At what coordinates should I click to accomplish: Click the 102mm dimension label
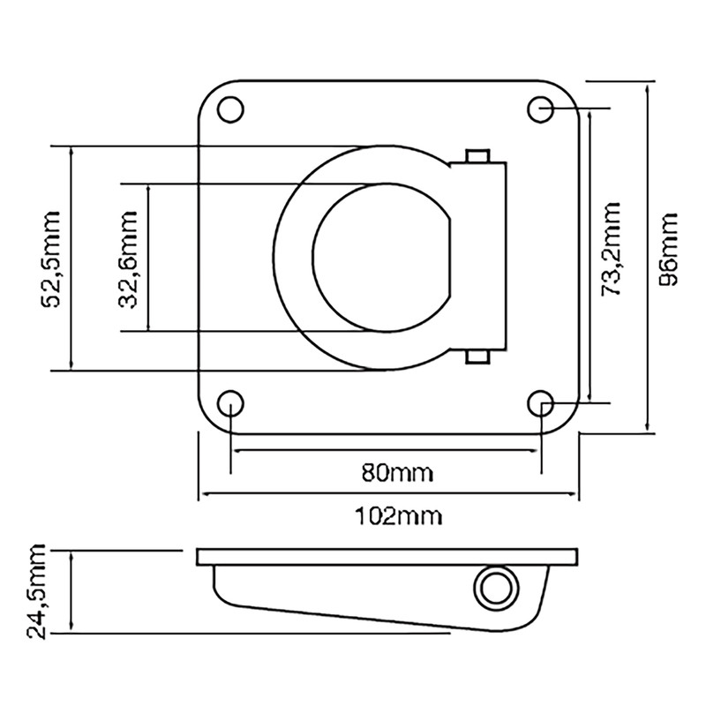point(399,516)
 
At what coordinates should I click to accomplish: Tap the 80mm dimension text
point(398,473)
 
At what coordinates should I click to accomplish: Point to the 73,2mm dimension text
point(611,249)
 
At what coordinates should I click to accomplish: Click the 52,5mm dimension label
point(51,259)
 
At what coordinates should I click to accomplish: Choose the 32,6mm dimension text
point(128,259)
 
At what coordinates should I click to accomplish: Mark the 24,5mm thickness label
point(36,591)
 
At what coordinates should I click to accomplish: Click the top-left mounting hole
point(230,109)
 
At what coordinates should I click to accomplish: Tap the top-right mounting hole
point(541,109)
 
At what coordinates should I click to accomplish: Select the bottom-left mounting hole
point(230,403)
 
